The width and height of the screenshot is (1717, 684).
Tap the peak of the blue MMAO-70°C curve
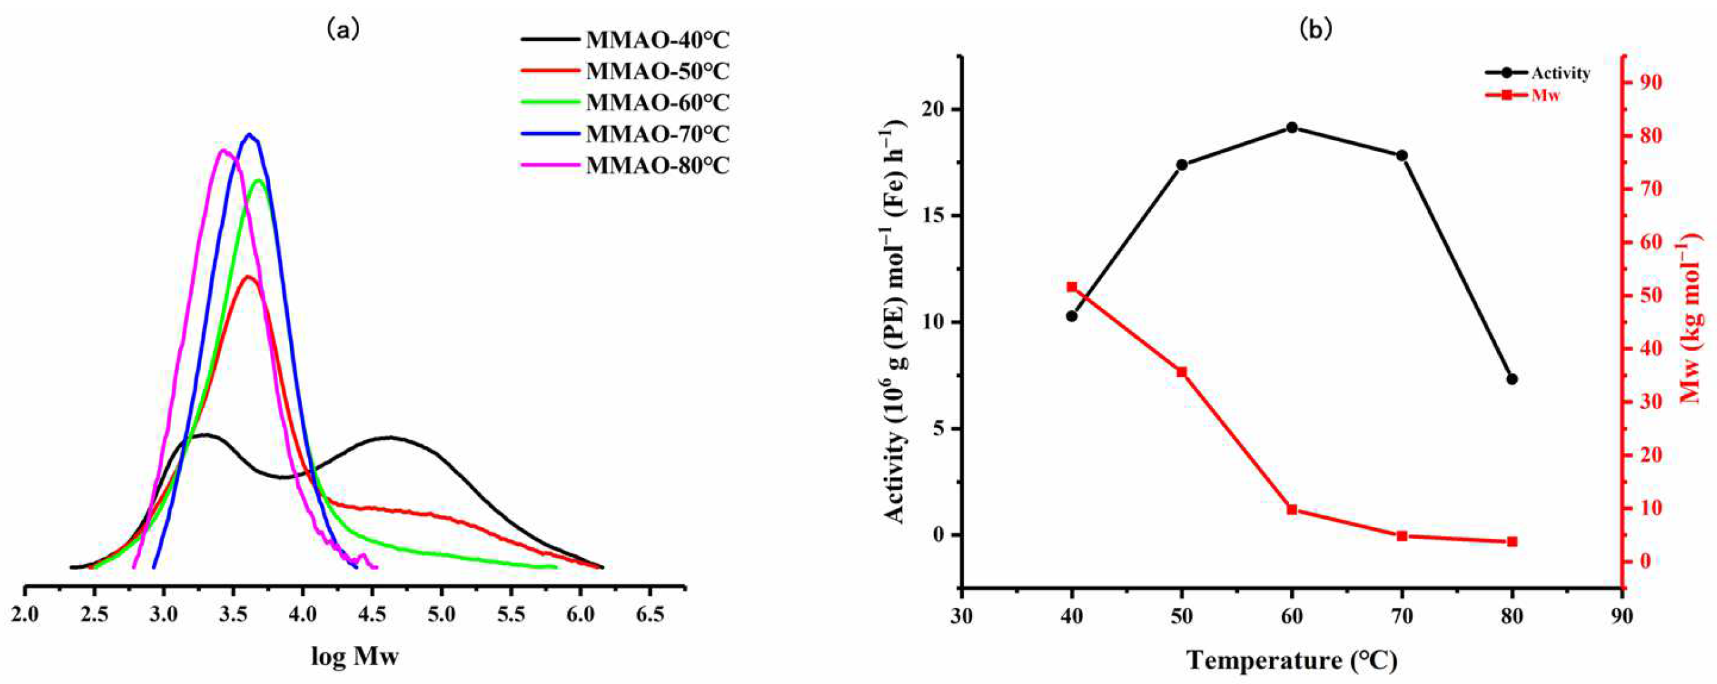click(250, 135)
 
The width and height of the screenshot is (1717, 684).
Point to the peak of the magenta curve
click(224, 151)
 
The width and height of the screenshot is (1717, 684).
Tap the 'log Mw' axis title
click(355, 657)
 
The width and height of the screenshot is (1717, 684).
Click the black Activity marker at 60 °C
click(1292, 127)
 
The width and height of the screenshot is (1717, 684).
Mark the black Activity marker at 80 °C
click(1512, 379)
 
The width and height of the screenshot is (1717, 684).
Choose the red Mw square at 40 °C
click(1072, 288)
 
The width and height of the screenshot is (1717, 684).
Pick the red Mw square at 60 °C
click(1292, 509)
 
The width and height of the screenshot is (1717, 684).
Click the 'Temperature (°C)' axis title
click(1292, 660)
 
